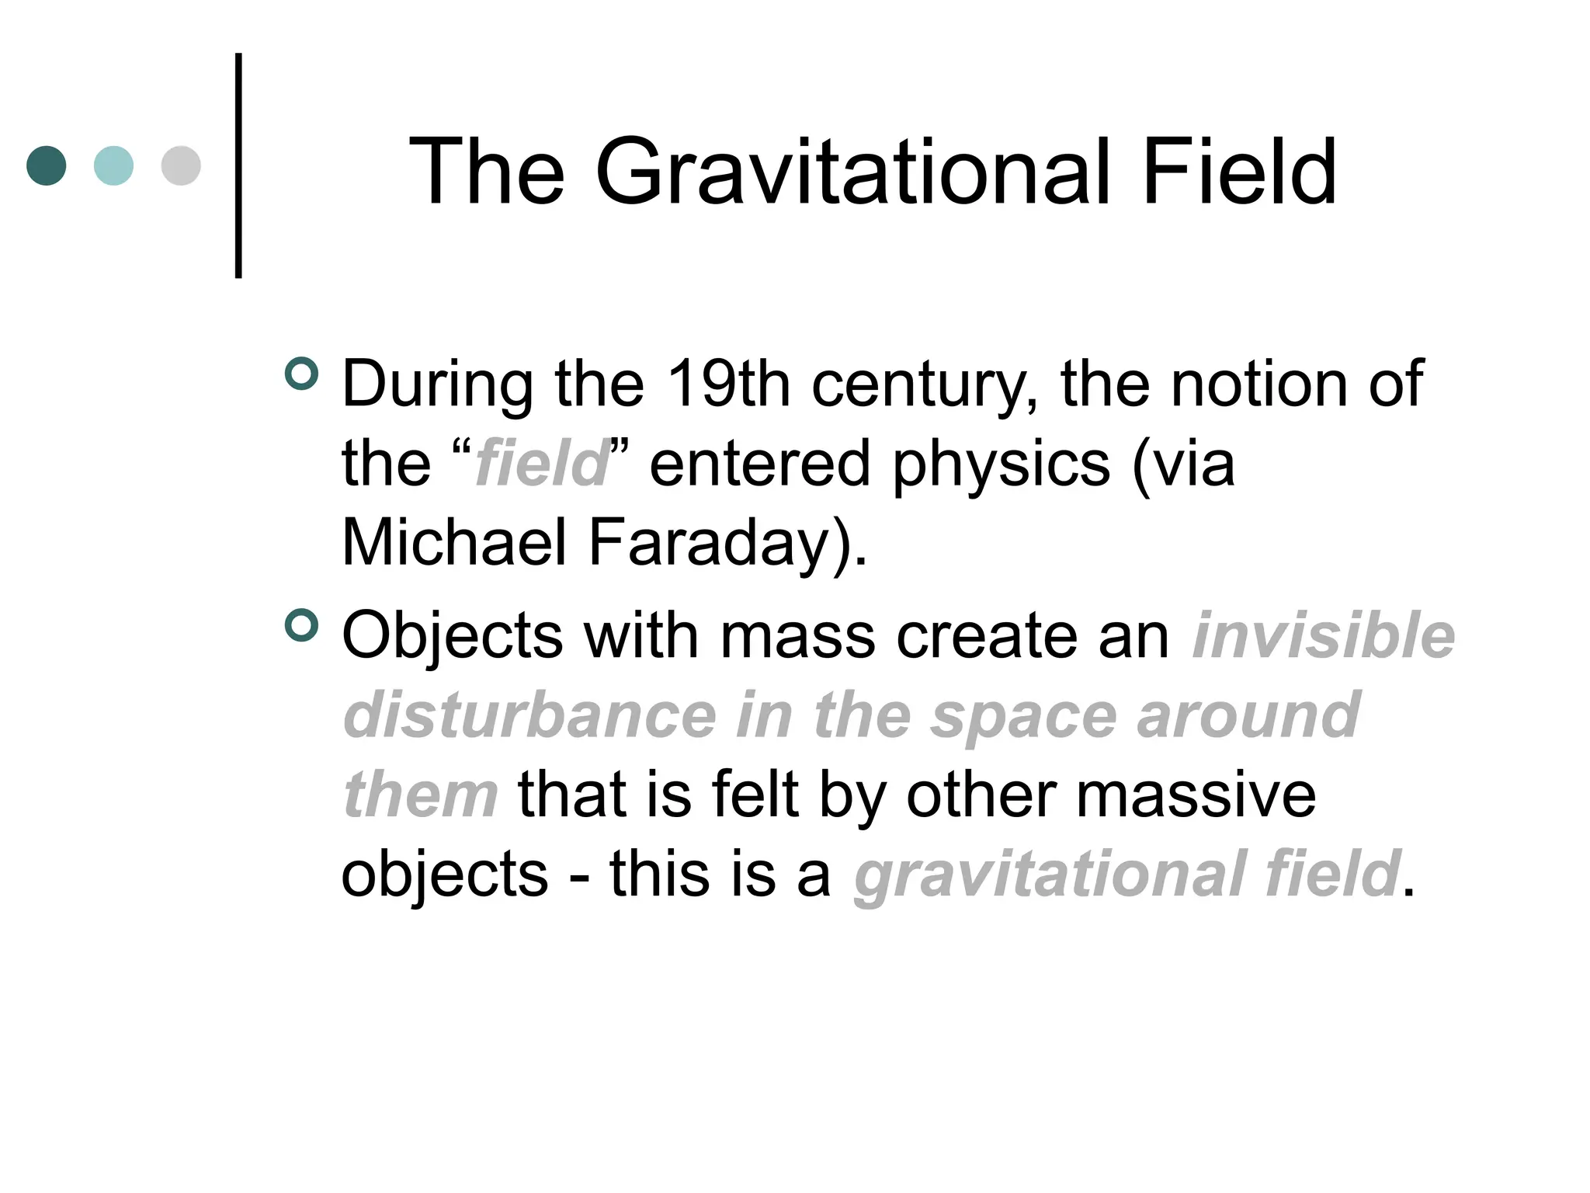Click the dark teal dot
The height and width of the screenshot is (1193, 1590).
click(x=47, y=165)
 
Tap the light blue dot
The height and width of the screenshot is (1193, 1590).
click(x=113, y=165)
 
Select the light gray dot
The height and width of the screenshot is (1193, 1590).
click(x=181, y=165)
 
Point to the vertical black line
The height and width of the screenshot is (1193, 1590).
click(x=238, y=165)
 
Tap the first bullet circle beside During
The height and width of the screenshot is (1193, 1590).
click(x=302, y=374)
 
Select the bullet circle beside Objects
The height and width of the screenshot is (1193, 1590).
click(x=302, y=625)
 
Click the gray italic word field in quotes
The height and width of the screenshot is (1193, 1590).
click(x=541, y=463)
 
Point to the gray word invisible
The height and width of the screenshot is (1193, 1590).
click(x=1323, y=635)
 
